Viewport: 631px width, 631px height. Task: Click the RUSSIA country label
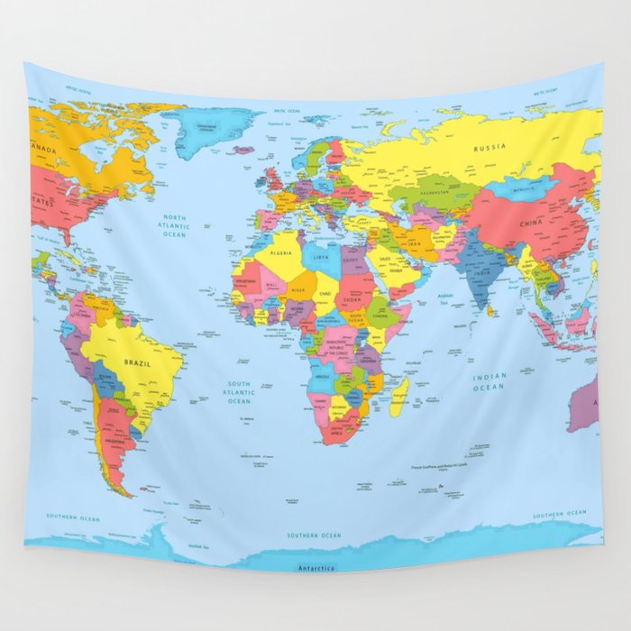[x=489, y=147]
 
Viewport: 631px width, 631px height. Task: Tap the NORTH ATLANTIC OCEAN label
[x=174, y=225]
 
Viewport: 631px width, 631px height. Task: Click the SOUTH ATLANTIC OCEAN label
[x=239, y=393]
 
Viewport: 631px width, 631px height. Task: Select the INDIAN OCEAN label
[x=489, y=381]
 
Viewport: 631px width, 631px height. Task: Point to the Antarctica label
[x=315, y=568]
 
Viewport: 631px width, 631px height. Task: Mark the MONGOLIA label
[x=523, y=190]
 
